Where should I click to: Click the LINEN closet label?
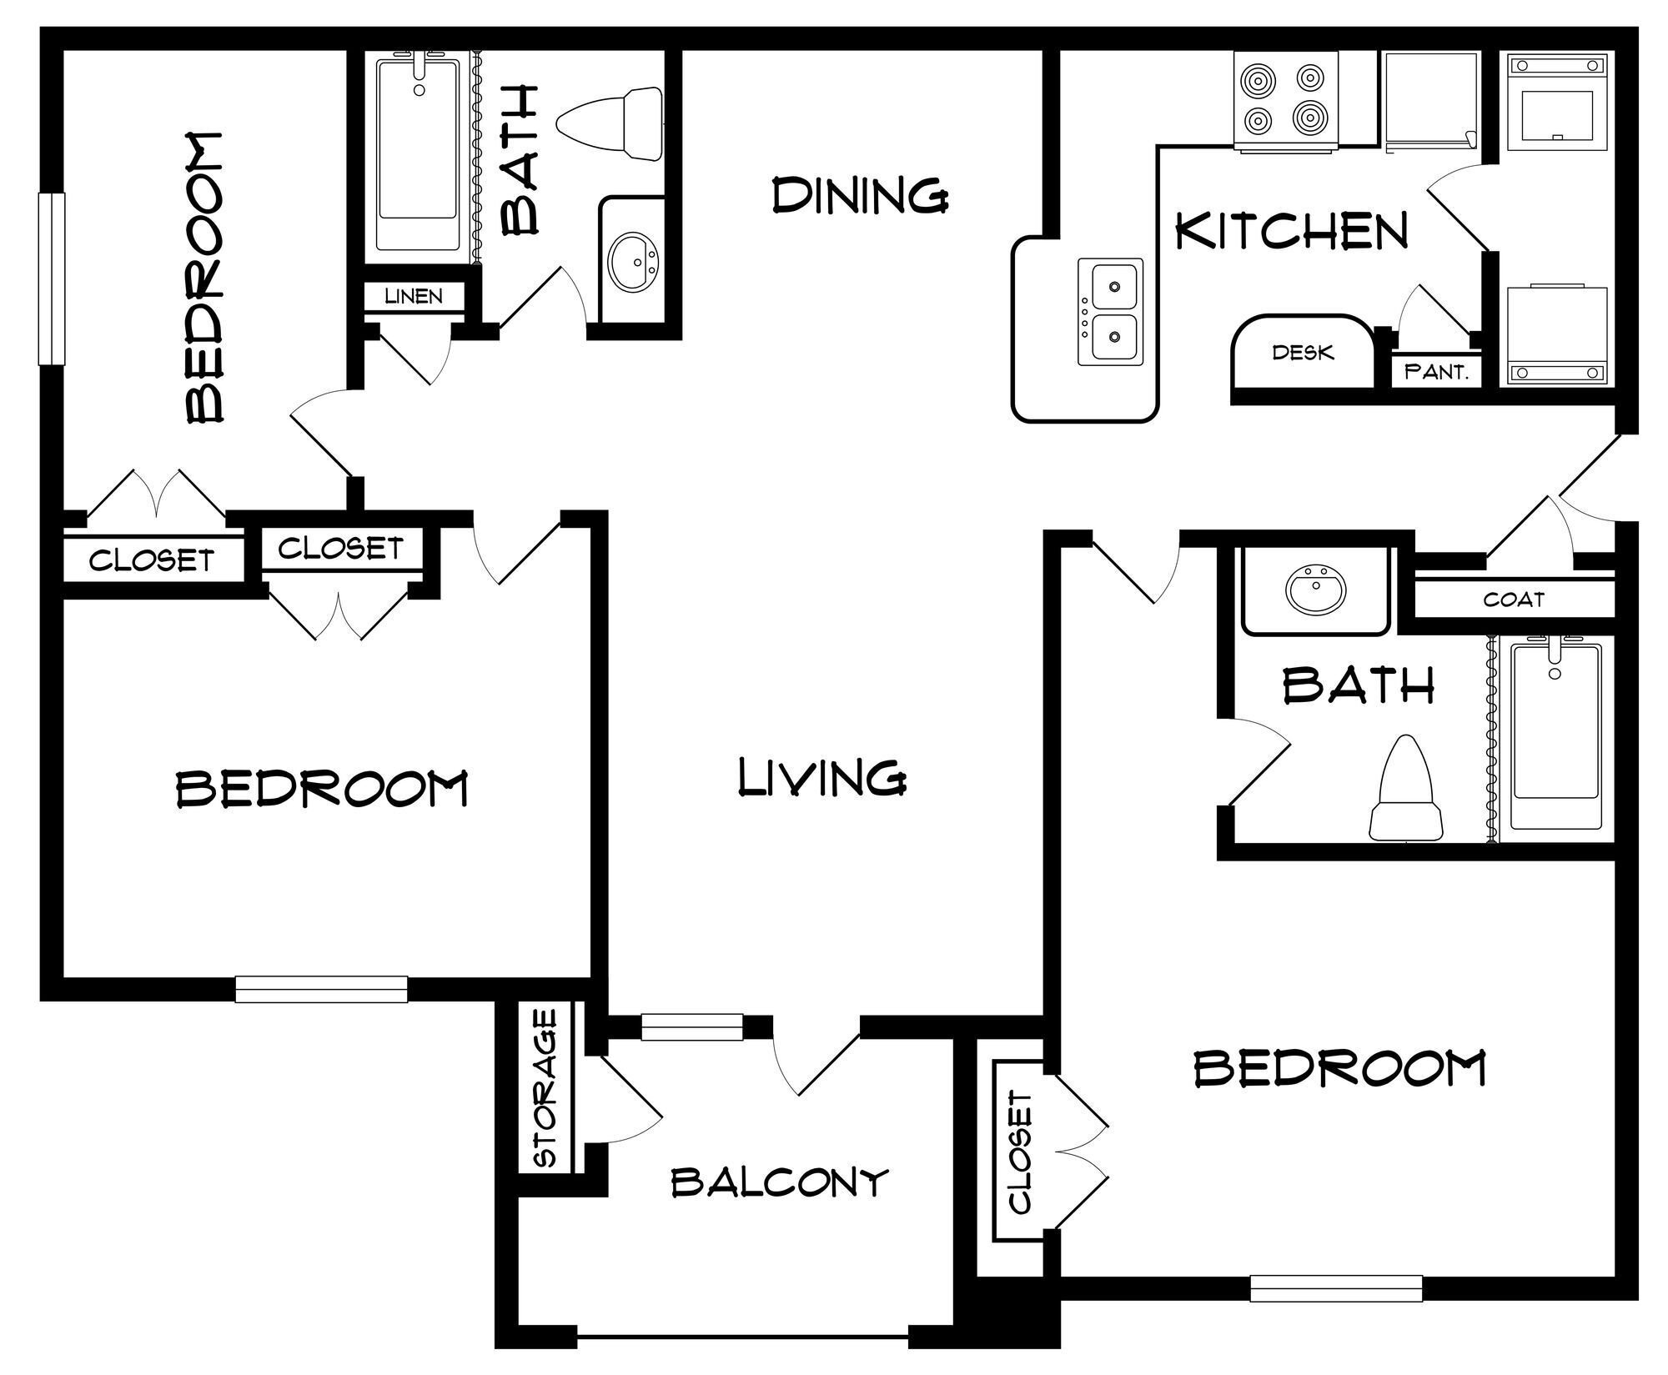click(414, 296)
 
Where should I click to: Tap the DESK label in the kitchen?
click(1303, 353)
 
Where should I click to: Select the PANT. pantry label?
click(1436, 372)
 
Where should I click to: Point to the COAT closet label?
click(1514, 599)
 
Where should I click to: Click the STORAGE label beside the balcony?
click(545, 1088)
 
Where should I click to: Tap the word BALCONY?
click(780, 1182)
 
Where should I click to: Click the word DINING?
click(860, 196)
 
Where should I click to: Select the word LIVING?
click(822, 777)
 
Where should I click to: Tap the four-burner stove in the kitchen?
click(1286, 102)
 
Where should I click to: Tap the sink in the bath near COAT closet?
click(1314, 590)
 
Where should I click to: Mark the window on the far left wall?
click(52, 279)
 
